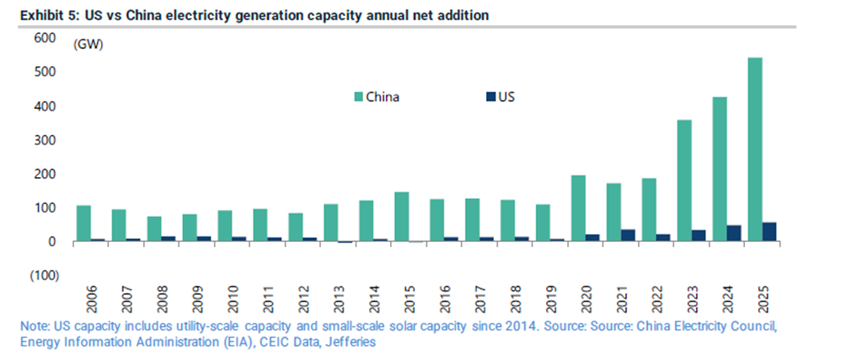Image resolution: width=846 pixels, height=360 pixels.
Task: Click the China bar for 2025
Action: (756, 149)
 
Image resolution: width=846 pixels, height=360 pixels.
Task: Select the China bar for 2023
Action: (685, 180)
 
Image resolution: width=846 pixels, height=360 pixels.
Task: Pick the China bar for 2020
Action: (579, 208)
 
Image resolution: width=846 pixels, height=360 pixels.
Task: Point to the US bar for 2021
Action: (628, 235)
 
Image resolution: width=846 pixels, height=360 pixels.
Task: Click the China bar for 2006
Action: (83, 223)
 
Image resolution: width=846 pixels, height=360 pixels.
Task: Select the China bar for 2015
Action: (402, 217)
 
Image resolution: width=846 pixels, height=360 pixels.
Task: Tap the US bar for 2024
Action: (734, 234)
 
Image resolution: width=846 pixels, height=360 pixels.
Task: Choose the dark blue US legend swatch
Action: (490, 96)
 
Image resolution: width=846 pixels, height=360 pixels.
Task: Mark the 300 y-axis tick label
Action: (46, 140)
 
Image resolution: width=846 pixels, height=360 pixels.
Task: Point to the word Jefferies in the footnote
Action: (351, 343)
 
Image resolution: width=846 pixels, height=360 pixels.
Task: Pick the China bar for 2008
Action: (154, 229)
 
